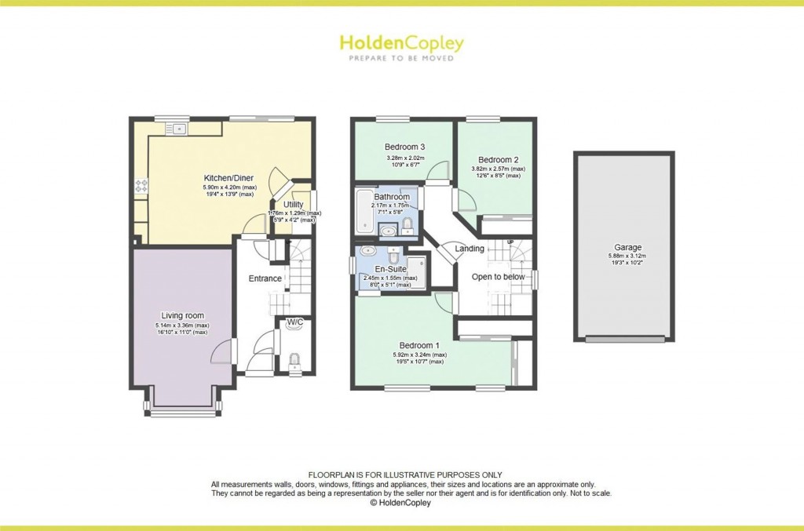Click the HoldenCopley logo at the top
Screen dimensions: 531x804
point(401,42)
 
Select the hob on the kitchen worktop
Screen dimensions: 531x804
point(142,187)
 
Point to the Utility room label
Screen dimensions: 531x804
point(293,205)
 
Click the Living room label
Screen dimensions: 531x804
point(183,315)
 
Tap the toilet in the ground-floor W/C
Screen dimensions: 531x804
point(294,361)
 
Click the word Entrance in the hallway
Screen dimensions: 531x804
point(265,278)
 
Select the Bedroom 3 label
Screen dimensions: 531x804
point(404,147)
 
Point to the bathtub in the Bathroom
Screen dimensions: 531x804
point(364,212)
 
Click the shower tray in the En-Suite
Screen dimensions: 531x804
point(415,267)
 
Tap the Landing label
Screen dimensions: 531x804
point(470,249)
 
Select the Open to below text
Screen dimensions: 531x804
point(498,277)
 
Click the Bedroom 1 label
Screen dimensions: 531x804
point(419,345)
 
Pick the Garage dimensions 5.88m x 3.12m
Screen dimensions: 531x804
point(624,256)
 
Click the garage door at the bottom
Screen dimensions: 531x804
point(624,339)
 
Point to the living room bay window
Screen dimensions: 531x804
point(182,411)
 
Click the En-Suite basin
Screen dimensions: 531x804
point(368,253)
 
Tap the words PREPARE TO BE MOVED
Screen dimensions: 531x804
point(401,58)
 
